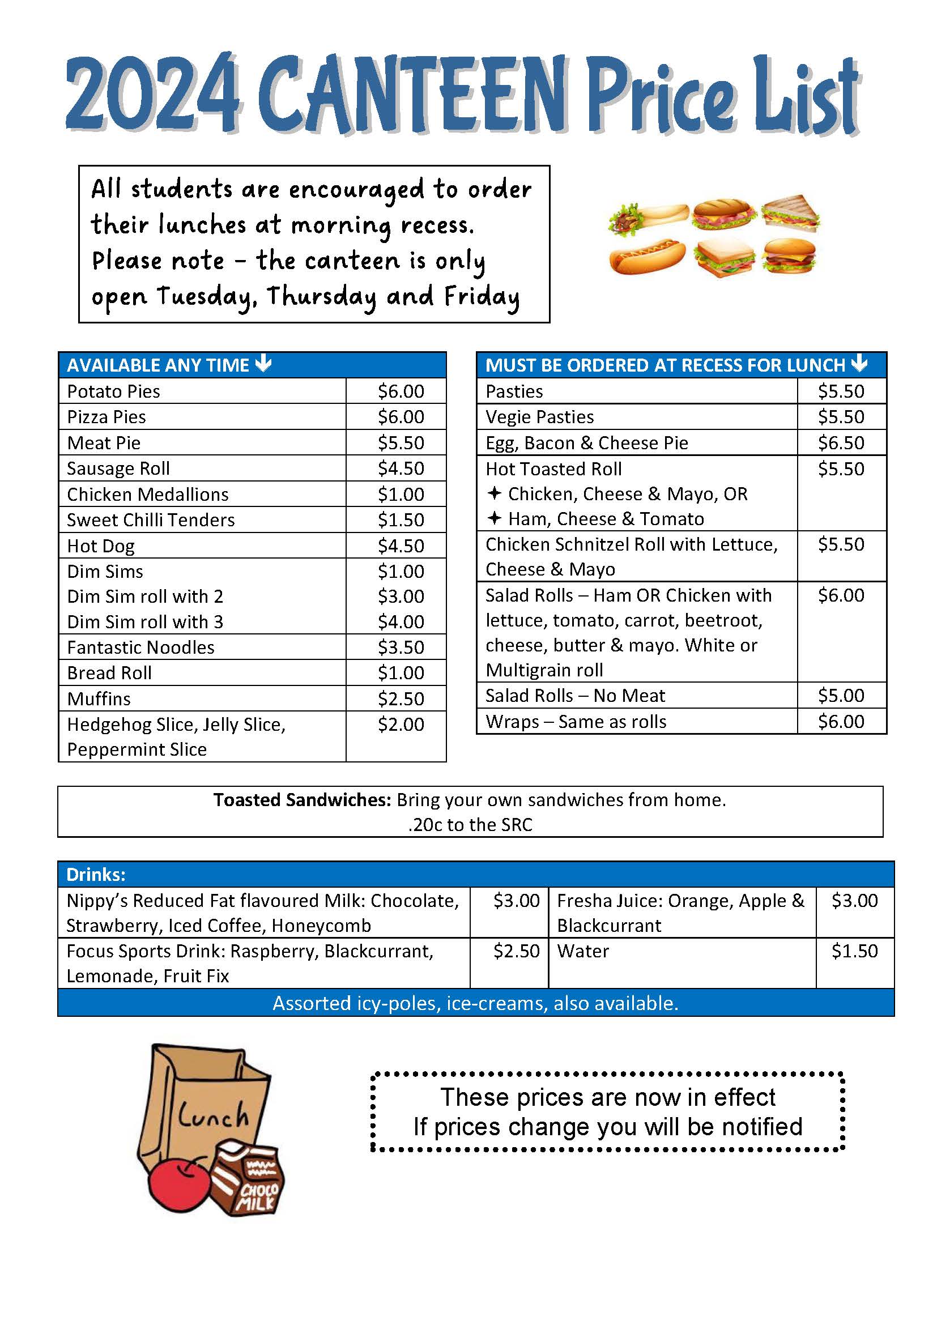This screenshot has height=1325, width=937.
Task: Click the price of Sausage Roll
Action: (x=401, y=468)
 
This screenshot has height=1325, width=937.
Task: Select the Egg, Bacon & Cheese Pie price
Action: (x=841, y=442)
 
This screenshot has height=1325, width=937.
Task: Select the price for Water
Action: (x=854, y=951)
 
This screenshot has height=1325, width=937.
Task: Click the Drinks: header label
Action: (x=96, y=874)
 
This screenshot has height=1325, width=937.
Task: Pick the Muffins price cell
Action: (x=401, y=698)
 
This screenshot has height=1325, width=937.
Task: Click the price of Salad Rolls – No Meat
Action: (x=841, y=696)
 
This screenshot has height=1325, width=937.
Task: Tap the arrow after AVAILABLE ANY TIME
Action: (x=263, y=364)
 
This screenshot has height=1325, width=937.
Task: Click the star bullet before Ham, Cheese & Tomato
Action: (x=494, y=518)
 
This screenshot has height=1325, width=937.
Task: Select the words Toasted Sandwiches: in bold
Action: (x=303, y=800)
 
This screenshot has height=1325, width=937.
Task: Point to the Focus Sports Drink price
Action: (x=516, y=951)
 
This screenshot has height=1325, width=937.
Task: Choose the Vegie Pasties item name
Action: (x=539, y=417)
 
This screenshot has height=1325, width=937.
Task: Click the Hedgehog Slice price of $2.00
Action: (x=401, y=723)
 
